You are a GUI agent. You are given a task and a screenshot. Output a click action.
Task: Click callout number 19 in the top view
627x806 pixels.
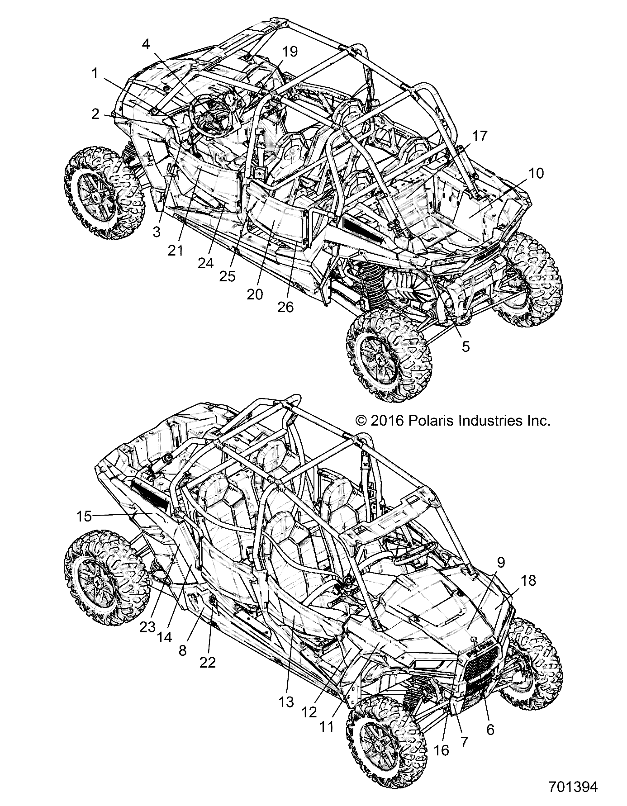pyautogui.click(x=290, y=52)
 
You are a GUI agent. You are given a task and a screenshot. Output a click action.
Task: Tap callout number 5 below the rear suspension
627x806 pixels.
pyautogui.click(x=465, y=346)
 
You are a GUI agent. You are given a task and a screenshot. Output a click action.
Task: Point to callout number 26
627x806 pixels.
pyautogui.click(x=286, y=307)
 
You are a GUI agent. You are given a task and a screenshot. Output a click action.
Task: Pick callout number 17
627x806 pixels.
pyautogui.click(x=480, y=135)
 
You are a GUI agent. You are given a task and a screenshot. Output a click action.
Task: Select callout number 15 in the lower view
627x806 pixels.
pyautogui.click(x=84, y=516)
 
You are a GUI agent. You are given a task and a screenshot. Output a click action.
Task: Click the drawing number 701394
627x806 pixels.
pyautogui.click(x=570, y=786)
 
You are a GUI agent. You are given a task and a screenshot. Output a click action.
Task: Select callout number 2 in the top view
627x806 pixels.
pyautogui.click(x=95, y=114)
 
